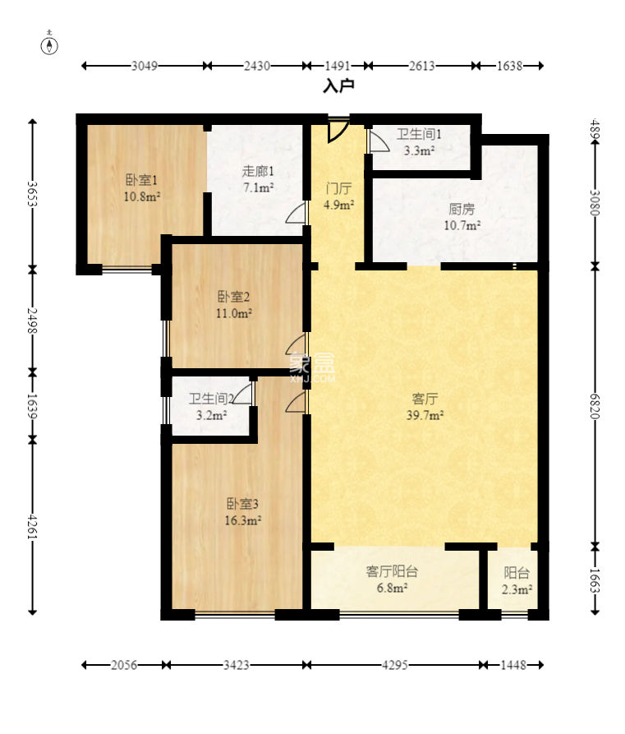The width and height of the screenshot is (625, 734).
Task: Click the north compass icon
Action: pos(49,45)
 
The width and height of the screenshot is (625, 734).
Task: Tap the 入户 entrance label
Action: pos(338,85)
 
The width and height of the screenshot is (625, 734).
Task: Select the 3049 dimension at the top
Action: pos(144,66)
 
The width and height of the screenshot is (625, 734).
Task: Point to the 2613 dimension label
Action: pos(422,66)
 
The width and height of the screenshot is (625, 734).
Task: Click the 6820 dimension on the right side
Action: pos(595,406)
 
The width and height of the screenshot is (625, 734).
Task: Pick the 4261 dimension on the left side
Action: pos(32,527)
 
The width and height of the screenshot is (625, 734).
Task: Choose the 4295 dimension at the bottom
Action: pos(395,665)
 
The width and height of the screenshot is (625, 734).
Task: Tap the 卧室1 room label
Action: pos(142,180)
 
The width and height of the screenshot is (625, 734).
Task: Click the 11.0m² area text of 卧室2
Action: pos(234,313)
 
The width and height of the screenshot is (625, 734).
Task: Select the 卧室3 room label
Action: pos(242,504)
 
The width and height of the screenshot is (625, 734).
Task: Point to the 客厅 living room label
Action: pos(425,399)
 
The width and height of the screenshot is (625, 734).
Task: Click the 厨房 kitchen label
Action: pos(462,209)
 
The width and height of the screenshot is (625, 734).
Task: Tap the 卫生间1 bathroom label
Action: pos(419,134)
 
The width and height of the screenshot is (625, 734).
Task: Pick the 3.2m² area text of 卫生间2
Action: pos(211,415)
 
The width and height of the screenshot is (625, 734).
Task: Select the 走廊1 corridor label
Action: pos(258,171)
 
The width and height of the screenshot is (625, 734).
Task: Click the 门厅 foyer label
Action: pos(338,189)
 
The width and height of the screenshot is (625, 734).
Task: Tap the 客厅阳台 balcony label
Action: pos(392,571)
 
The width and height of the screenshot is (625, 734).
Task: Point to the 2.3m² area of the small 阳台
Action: pos(517,590)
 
